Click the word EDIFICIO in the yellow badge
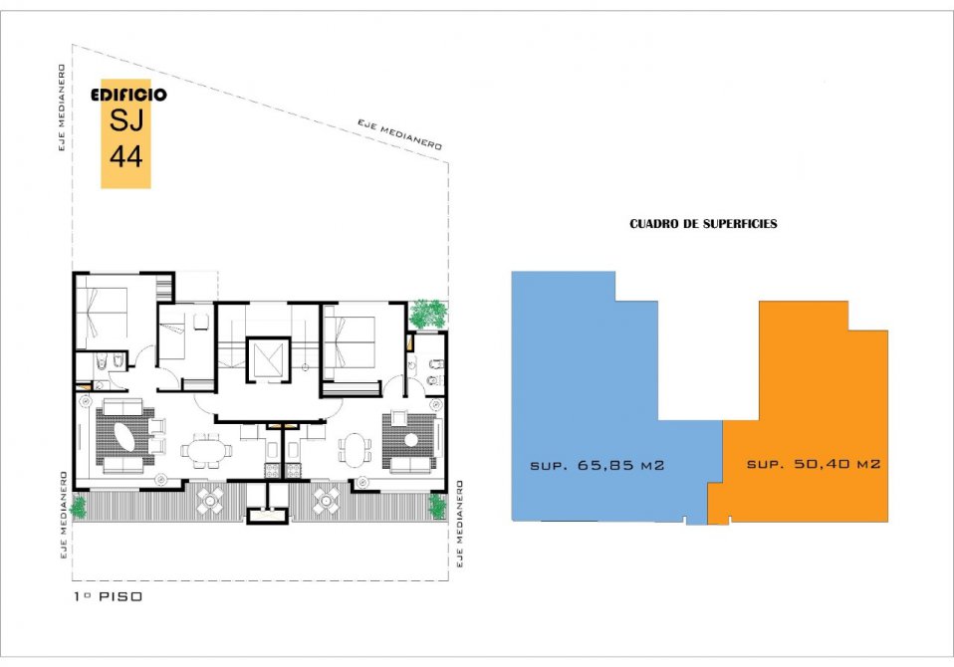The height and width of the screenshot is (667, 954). click(128, 95)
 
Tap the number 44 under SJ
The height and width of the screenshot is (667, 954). click(125, 156)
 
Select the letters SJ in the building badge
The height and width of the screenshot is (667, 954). click(125, 119)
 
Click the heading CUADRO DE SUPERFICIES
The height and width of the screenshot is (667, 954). click(703, 224)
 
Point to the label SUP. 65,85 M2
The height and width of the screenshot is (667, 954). click(596, 466)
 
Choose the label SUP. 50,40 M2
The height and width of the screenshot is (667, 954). click(814, 464)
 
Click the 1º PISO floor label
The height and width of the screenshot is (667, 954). click(108, 596)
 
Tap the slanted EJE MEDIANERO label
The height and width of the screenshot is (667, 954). click(399, 134)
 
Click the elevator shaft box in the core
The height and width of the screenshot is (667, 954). click(268, 360)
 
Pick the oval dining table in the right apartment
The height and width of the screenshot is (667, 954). click(355, 450)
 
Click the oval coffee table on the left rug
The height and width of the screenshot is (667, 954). click(125, 437)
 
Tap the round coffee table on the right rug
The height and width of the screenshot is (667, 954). click(412, 440)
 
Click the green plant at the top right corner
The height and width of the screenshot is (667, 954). click(429, 314)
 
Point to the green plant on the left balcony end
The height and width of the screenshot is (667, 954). click(79, 507)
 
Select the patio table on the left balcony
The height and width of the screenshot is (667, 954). click(210, 501)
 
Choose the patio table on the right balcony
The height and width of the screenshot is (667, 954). click(326, 501)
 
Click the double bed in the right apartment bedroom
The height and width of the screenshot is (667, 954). click(350, 340)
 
